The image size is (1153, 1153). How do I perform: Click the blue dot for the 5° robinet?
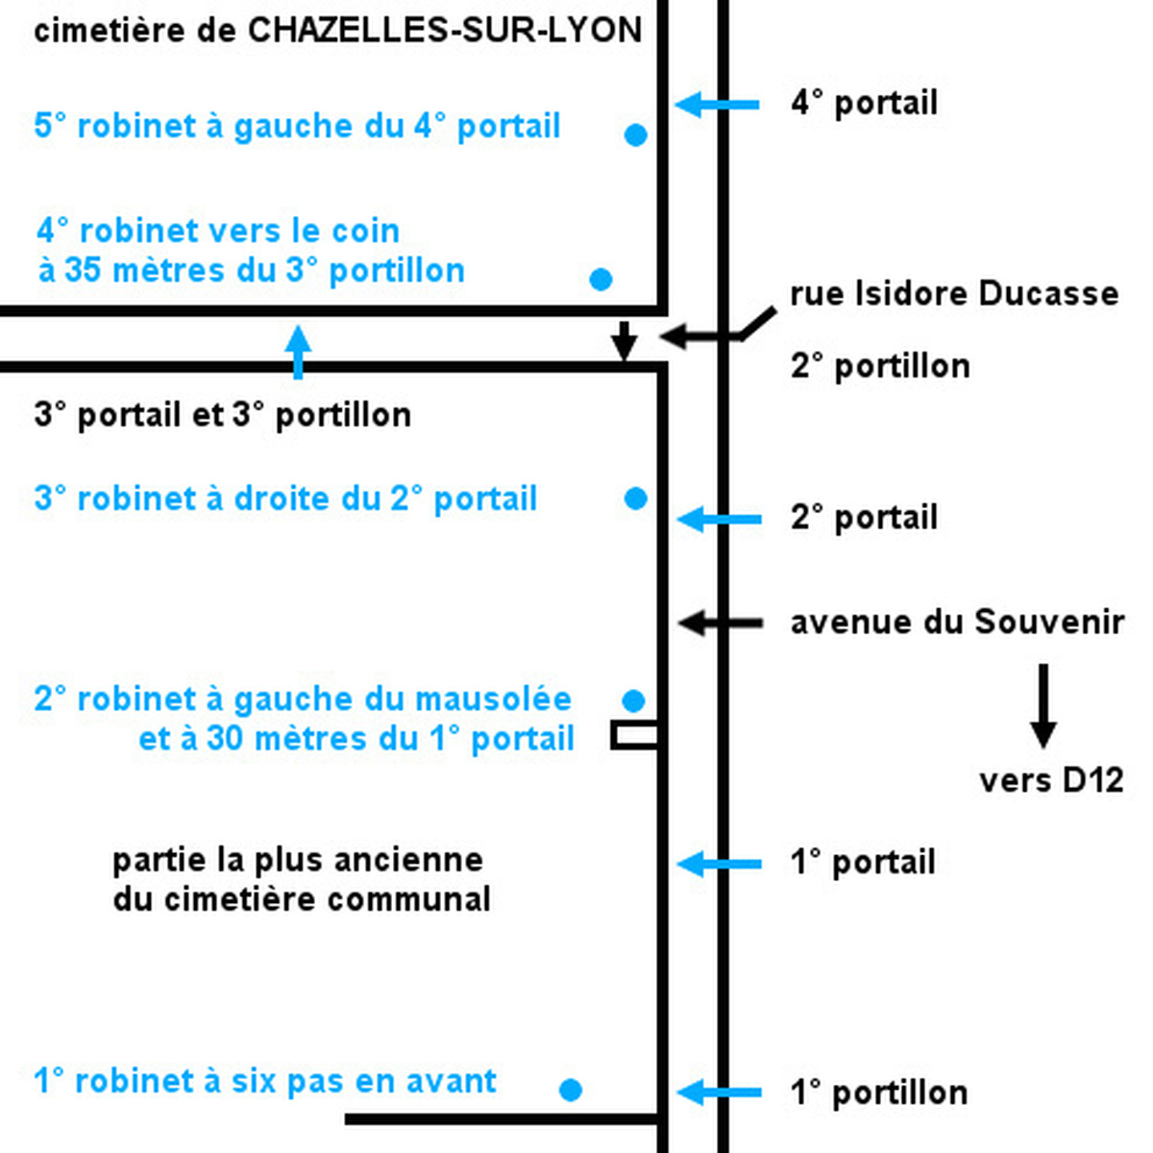[x=635, y=135]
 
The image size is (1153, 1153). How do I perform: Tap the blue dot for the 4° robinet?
[x=601, y=279]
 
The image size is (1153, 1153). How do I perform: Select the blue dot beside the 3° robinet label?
[x=635, y=498]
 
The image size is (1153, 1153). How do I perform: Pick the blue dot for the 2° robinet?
[x=633, y=700]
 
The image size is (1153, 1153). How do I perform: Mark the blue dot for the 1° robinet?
[x=570, y=1090]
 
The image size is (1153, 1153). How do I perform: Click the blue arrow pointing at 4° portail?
[x=717, y=105]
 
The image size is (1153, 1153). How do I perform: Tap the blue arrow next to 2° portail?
[x=719, y=519]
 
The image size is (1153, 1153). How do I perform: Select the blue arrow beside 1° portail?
[x=719, y=864]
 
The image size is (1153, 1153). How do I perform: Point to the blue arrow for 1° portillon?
[x=719, y=1092]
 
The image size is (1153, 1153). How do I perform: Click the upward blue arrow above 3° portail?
[x=298, y=352]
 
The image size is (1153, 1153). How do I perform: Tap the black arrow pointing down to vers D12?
[x=1043, y=705]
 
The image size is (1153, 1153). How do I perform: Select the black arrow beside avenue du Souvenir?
[x=721, y=623]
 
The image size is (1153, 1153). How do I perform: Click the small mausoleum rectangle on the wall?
[x=635, y=735]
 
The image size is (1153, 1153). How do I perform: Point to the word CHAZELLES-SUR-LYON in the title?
[x=445, y=30]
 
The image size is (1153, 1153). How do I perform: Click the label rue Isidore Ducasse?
[x=954, y=294]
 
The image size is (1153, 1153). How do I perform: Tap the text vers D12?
[x=1051, y=781]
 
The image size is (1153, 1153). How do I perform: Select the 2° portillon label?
[x=880, y=365]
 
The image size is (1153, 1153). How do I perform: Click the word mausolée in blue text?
[x=493, y=699]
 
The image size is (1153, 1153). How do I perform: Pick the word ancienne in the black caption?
[x=408, y=860]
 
